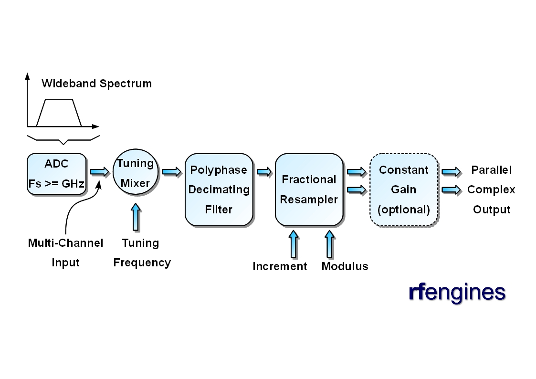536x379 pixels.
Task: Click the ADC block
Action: point(57,174)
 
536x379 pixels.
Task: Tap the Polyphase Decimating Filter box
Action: point(219,189)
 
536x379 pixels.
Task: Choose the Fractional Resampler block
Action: point(309,189)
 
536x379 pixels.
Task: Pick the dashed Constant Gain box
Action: point(404,189)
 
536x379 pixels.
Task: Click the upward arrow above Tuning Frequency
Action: point(136,217)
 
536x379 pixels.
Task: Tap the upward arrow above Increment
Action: point(294,244)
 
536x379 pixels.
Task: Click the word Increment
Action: point(280,266)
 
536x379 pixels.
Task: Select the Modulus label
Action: point(345,266)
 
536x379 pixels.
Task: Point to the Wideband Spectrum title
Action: point(96,84)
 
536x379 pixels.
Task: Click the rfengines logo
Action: point(457,292)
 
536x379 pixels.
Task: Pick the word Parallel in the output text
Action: point(491,170)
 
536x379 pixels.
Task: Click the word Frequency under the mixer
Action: point(142,263)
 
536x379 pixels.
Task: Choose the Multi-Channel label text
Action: point(65,243)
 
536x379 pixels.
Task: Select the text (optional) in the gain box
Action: point(404,210)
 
